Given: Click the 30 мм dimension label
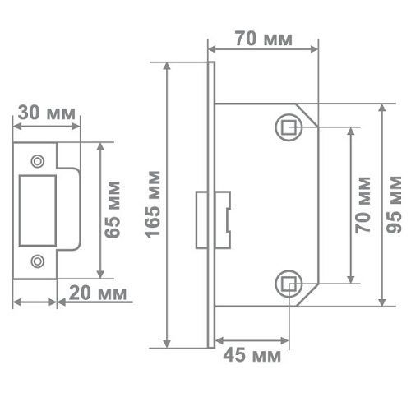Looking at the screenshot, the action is point(47,113).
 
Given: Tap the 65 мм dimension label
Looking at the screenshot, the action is point(113,210).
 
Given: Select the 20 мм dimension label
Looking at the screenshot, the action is point(98,293).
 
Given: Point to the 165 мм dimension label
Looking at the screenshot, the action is point(152,205).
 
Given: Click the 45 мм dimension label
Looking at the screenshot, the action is point(252,355).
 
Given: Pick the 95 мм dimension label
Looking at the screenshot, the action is point(394,205).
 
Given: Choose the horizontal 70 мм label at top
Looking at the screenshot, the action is point(264,39).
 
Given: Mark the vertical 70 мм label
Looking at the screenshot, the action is point(363,205).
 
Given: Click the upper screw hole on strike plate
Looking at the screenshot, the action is point(38,161).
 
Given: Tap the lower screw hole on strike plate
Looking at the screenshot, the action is point(38,261).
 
